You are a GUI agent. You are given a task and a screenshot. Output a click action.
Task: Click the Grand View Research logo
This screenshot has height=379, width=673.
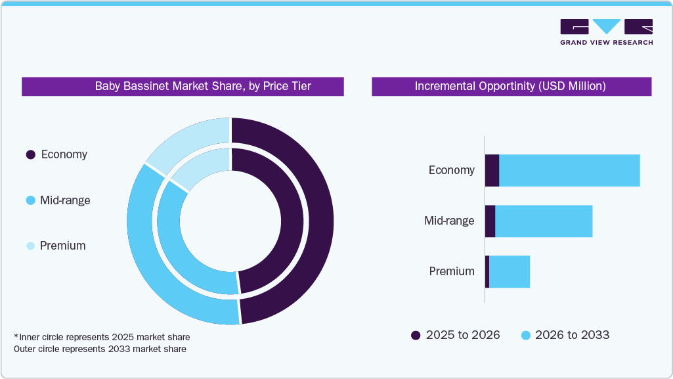[x=606, y=32]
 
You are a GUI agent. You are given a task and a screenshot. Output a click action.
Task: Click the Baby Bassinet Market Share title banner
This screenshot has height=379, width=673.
[x=183, y=86]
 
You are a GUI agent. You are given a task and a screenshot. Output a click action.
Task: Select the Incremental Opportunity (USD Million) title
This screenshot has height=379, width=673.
[x=511, y=86]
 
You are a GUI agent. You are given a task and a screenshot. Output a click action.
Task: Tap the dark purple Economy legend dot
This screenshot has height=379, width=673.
[x=30, y=155]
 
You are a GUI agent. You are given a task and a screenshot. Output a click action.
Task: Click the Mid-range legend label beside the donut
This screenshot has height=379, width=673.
[x=65, y=200]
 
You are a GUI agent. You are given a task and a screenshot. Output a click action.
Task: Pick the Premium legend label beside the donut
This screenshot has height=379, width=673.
[x=62, y=246]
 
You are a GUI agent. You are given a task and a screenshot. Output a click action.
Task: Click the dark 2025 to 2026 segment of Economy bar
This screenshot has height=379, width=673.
[x=492, y=170]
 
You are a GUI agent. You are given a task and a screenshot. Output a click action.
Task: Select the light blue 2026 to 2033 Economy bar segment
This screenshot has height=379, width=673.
[x=569, y=170]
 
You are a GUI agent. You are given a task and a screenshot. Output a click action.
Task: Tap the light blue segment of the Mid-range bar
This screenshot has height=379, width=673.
[x=544, y=221]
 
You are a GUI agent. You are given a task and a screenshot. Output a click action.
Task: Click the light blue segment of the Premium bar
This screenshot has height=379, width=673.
[x=510, y=271]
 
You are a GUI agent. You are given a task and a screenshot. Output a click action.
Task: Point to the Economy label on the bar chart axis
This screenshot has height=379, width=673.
[x=451, y=170]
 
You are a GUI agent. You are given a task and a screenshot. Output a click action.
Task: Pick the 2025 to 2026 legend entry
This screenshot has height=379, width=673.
[x=456, y=335]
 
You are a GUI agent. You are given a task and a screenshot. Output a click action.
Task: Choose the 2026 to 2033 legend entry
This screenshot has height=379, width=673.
[x=565, y=335]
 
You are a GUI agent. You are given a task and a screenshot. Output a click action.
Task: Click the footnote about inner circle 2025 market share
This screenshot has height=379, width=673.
[x=102, y=337]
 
